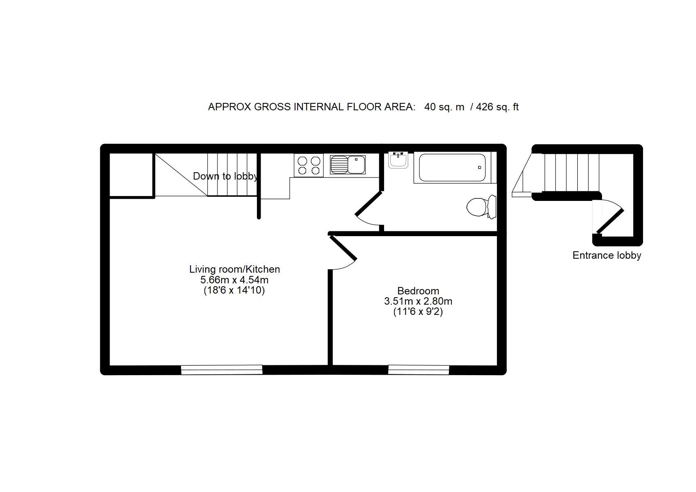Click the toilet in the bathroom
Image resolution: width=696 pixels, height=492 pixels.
(x=481, y=207)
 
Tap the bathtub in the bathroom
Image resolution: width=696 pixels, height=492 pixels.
(x=452, y=168)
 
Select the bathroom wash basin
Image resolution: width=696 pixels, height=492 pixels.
(x=398, y=160)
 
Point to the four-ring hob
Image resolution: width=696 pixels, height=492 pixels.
(x=309, y=166)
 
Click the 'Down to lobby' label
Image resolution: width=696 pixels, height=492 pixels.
(x=225, y=176)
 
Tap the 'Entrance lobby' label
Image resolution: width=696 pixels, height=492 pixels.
(x=607, y=255)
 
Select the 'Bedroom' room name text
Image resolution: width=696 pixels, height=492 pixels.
(x=418, y=291)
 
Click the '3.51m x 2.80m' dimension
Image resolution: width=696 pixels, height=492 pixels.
(x=418, y=301)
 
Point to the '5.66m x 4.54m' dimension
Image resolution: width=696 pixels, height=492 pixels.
(x=234, y=280)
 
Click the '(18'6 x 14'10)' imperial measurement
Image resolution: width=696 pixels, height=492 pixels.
(x=234, y=291)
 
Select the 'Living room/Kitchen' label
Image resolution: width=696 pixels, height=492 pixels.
(x=235, y=269)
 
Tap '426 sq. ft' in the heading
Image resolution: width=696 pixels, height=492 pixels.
(x=497, y=107)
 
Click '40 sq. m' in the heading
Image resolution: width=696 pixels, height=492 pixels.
(x=444, y=107)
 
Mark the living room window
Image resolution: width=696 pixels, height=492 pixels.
(x=222, y=370)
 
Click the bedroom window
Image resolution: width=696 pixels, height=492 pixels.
(x=419, y=370)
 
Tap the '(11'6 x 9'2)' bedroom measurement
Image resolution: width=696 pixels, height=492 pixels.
(x=418, y=311)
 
